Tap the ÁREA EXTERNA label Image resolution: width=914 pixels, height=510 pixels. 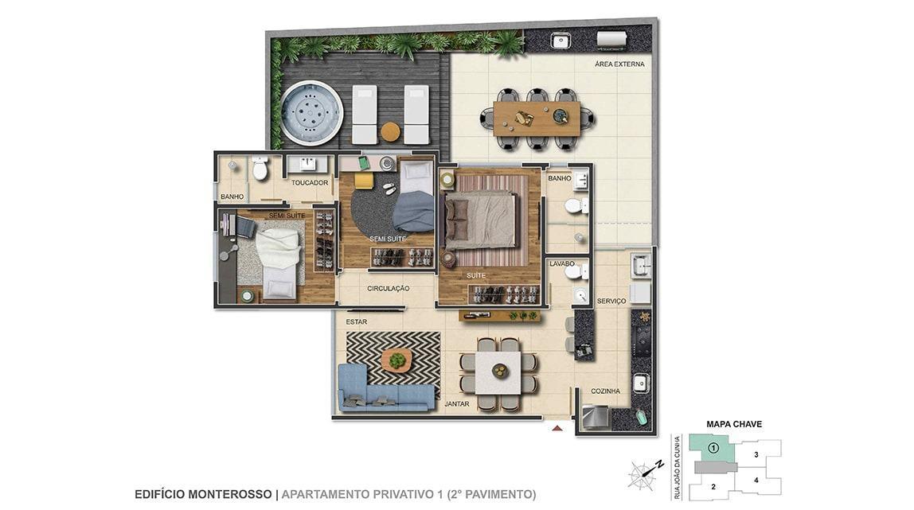619,64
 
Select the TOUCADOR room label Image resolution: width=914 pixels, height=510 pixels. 310,183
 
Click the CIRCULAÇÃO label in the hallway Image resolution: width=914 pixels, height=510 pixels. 389,289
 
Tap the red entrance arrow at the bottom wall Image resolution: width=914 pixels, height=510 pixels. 558,429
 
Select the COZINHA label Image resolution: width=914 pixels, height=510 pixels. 605,391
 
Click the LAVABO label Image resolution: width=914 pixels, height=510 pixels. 562,263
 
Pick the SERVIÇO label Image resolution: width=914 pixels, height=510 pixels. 611,301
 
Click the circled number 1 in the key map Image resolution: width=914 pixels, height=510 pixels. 713,448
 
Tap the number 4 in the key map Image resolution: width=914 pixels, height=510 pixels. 756,481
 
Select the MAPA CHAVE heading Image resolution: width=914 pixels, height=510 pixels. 734,424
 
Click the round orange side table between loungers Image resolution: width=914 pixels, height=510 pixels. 391,131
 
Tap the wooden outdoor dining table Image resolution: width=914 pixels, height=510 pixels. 537,119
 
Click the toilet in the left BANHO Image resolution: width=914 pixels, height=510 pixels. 260,168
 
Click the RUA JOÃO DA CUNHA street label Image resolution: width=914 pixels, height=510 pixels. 678,468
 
